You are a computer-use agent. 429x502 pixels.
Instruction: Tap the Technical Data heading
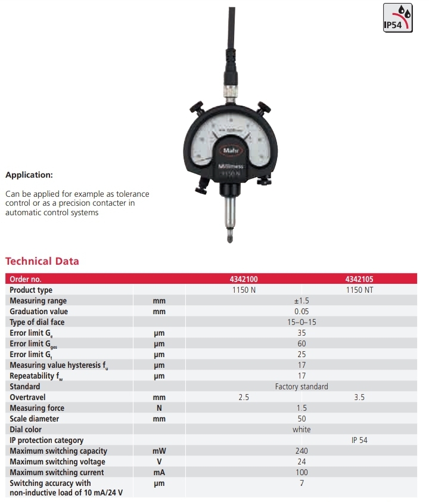[42, 261]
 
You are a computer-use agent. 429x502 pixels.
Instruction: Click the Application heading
[29, 175]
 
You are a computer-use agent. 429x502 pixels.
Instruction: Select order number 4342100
[244, 279]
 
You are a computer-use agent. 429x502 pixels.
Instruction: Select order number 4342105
[359, 279]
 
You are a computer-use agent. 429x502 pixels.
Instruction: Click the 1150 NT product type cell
[359, 290]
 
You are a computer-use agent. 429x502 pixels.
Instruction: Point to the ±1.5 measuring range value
[301, 300]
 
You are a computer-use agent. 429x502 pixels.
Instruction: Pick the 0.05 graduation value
[301, 311]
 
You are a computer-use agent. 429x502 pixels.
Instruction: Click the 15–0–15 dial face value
[301, 322]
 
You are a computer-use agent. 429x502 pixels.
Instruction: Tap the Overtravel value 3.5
[359, 397]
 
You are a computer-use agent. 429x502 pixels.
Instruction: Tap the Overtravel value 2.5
[244, 397]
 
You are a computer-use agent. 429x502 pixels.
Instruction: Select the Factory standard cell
[301, 386]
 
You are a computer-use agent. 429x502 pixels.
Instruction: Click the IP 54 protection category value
[359, 440]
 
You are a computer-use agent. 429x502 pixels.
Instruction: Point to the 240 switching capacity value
[301, 451]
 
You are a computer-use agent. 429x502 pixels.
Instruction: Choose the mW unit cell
[158, 451]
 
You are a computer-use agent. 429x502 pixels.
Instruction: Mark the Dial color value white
[301, 429]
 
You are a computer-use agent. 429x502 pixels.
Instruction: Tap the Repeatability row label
[36, 376]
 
